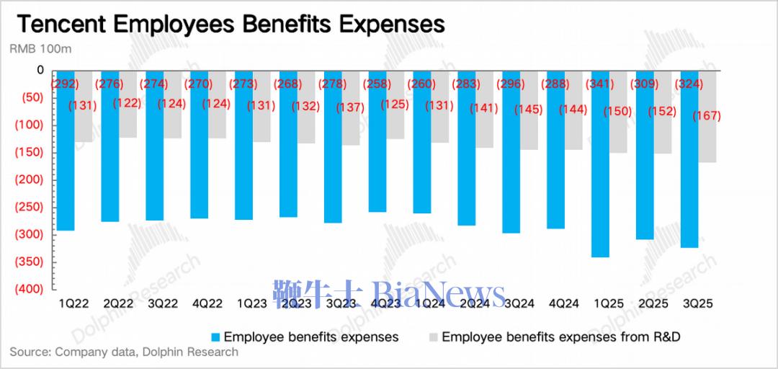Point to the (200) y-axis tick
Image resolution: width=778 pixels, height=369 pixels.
pos(30,179)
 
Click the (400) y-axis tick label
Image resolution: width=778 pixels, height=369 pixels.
pos(30,289)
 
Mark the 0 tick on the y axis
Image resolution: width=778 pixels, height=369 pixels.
pos(40,70)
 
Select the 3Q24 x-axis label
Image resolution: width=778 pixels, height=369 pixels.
pos(520,304)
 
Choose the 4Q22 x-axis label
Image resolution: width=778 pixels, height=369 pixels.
pos(207,304)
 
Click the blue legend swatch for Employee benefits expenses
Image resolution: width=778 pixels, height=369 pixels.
pos(215,337)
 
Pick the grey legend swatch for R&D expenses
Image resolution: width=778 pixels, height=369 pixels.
pos(433,337)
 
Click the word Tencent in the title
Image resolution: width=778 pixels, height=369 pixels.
pos(59,25)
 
